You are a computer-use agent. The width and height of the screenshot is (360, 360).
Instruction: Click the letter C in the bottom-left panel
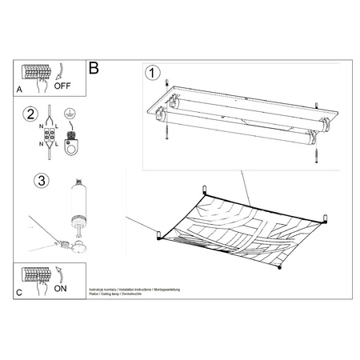pyautogui.click(x=18, y=294)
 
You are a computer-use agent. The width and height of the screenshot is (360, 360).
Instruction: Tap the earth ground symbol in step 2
pyautogui.click(x=71, y=114)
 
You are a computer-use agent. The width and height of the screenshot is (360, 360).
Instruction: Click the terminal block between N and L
pyautogui.click(x=50, y=136)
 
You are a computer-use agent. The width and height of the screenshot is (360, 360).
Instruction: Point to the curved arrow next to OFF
pyautogui.click(x=62, y=70)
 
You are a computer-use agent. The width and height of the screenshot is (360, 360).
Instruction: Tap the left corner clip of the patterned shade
pyautogui.click(x=158, y=234)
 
